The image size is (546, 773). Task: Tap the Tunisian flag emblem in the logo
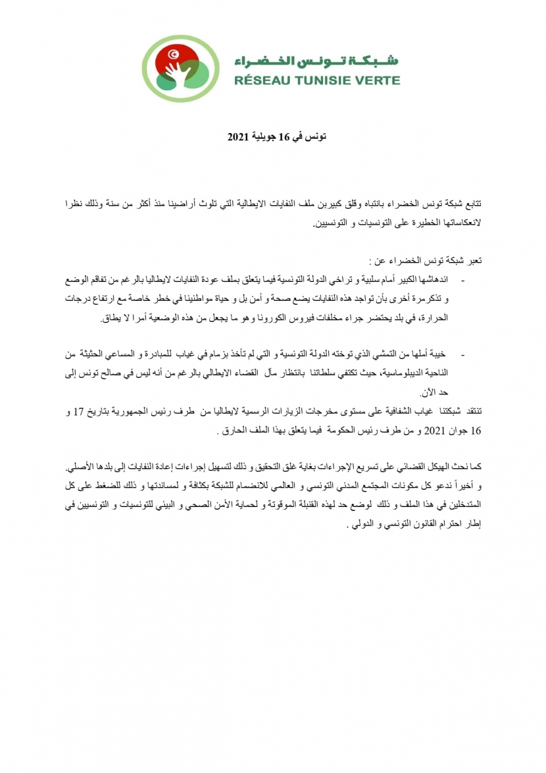(x=157, y=53)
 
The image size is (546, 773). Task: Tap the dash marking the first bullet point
(x=466, y=281)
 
